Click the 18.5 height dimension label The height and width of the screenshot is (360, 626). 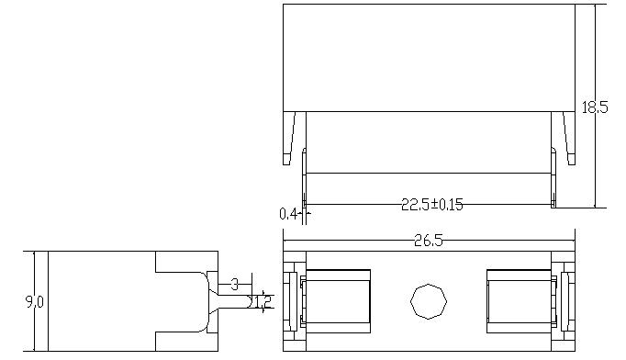595,107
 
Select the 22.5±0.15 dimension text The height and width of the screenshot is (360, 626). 432,205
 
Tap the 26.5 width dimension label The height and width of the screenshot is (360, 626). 429,241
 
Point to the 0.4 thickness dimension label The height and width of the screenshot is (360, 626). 288,215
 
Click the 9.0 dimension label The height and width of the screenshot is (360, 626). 34,301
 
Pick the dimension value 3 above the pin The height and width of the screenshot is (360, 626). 235,285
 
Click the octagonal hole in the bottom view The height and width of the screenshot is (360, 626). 429,301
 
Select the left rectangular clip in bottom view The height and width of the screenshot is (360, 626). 338,301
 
